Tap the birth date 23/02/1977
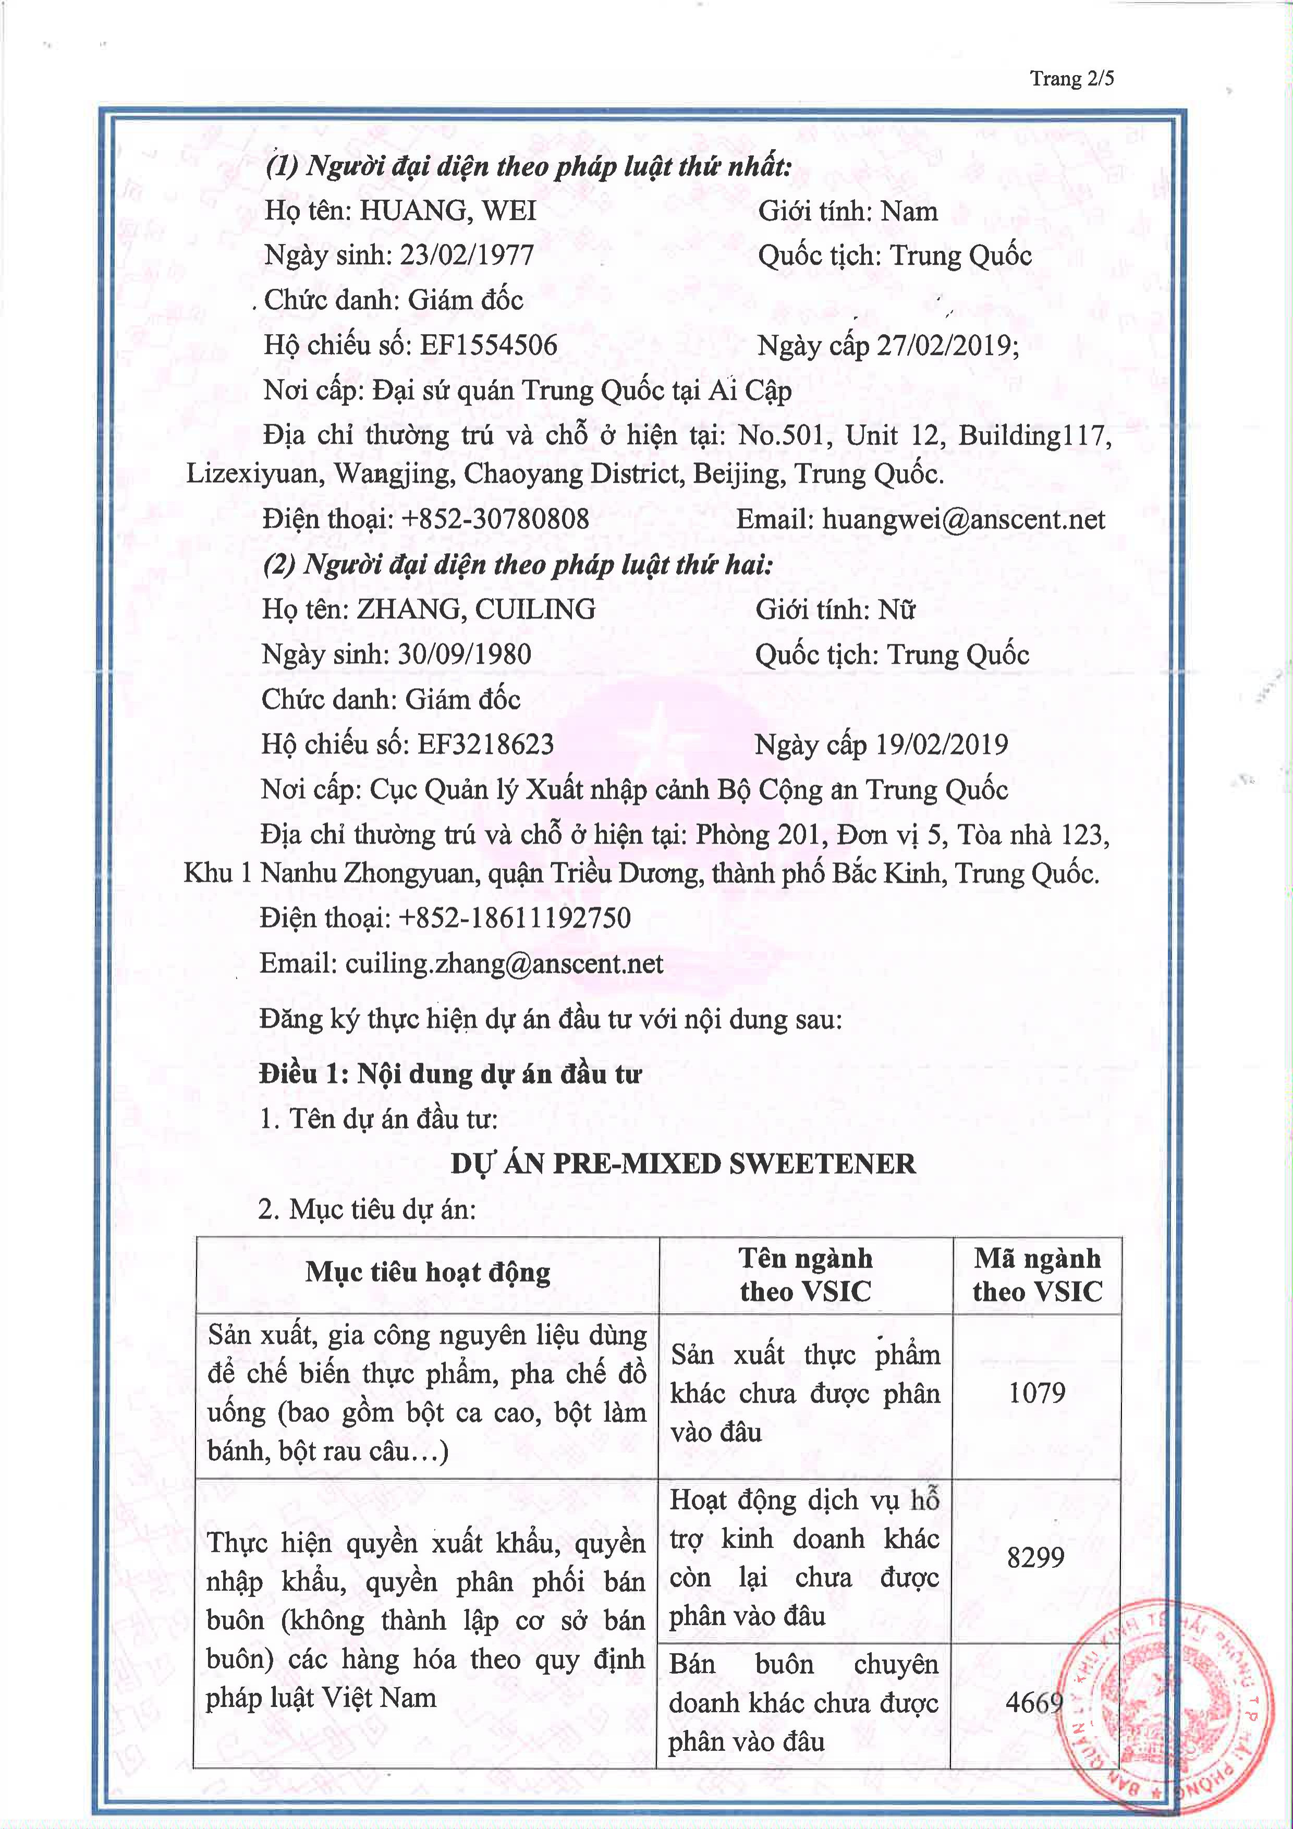point(467,255)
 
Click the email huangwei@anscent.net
point(963,519)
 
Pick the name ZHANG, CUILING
point(475,609)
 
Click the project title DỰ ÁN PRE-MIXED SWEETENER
point(683,1164)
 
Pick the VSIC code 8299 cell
point(1035,1556)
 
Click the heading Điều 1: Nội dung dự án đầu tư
point(450,1074)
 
